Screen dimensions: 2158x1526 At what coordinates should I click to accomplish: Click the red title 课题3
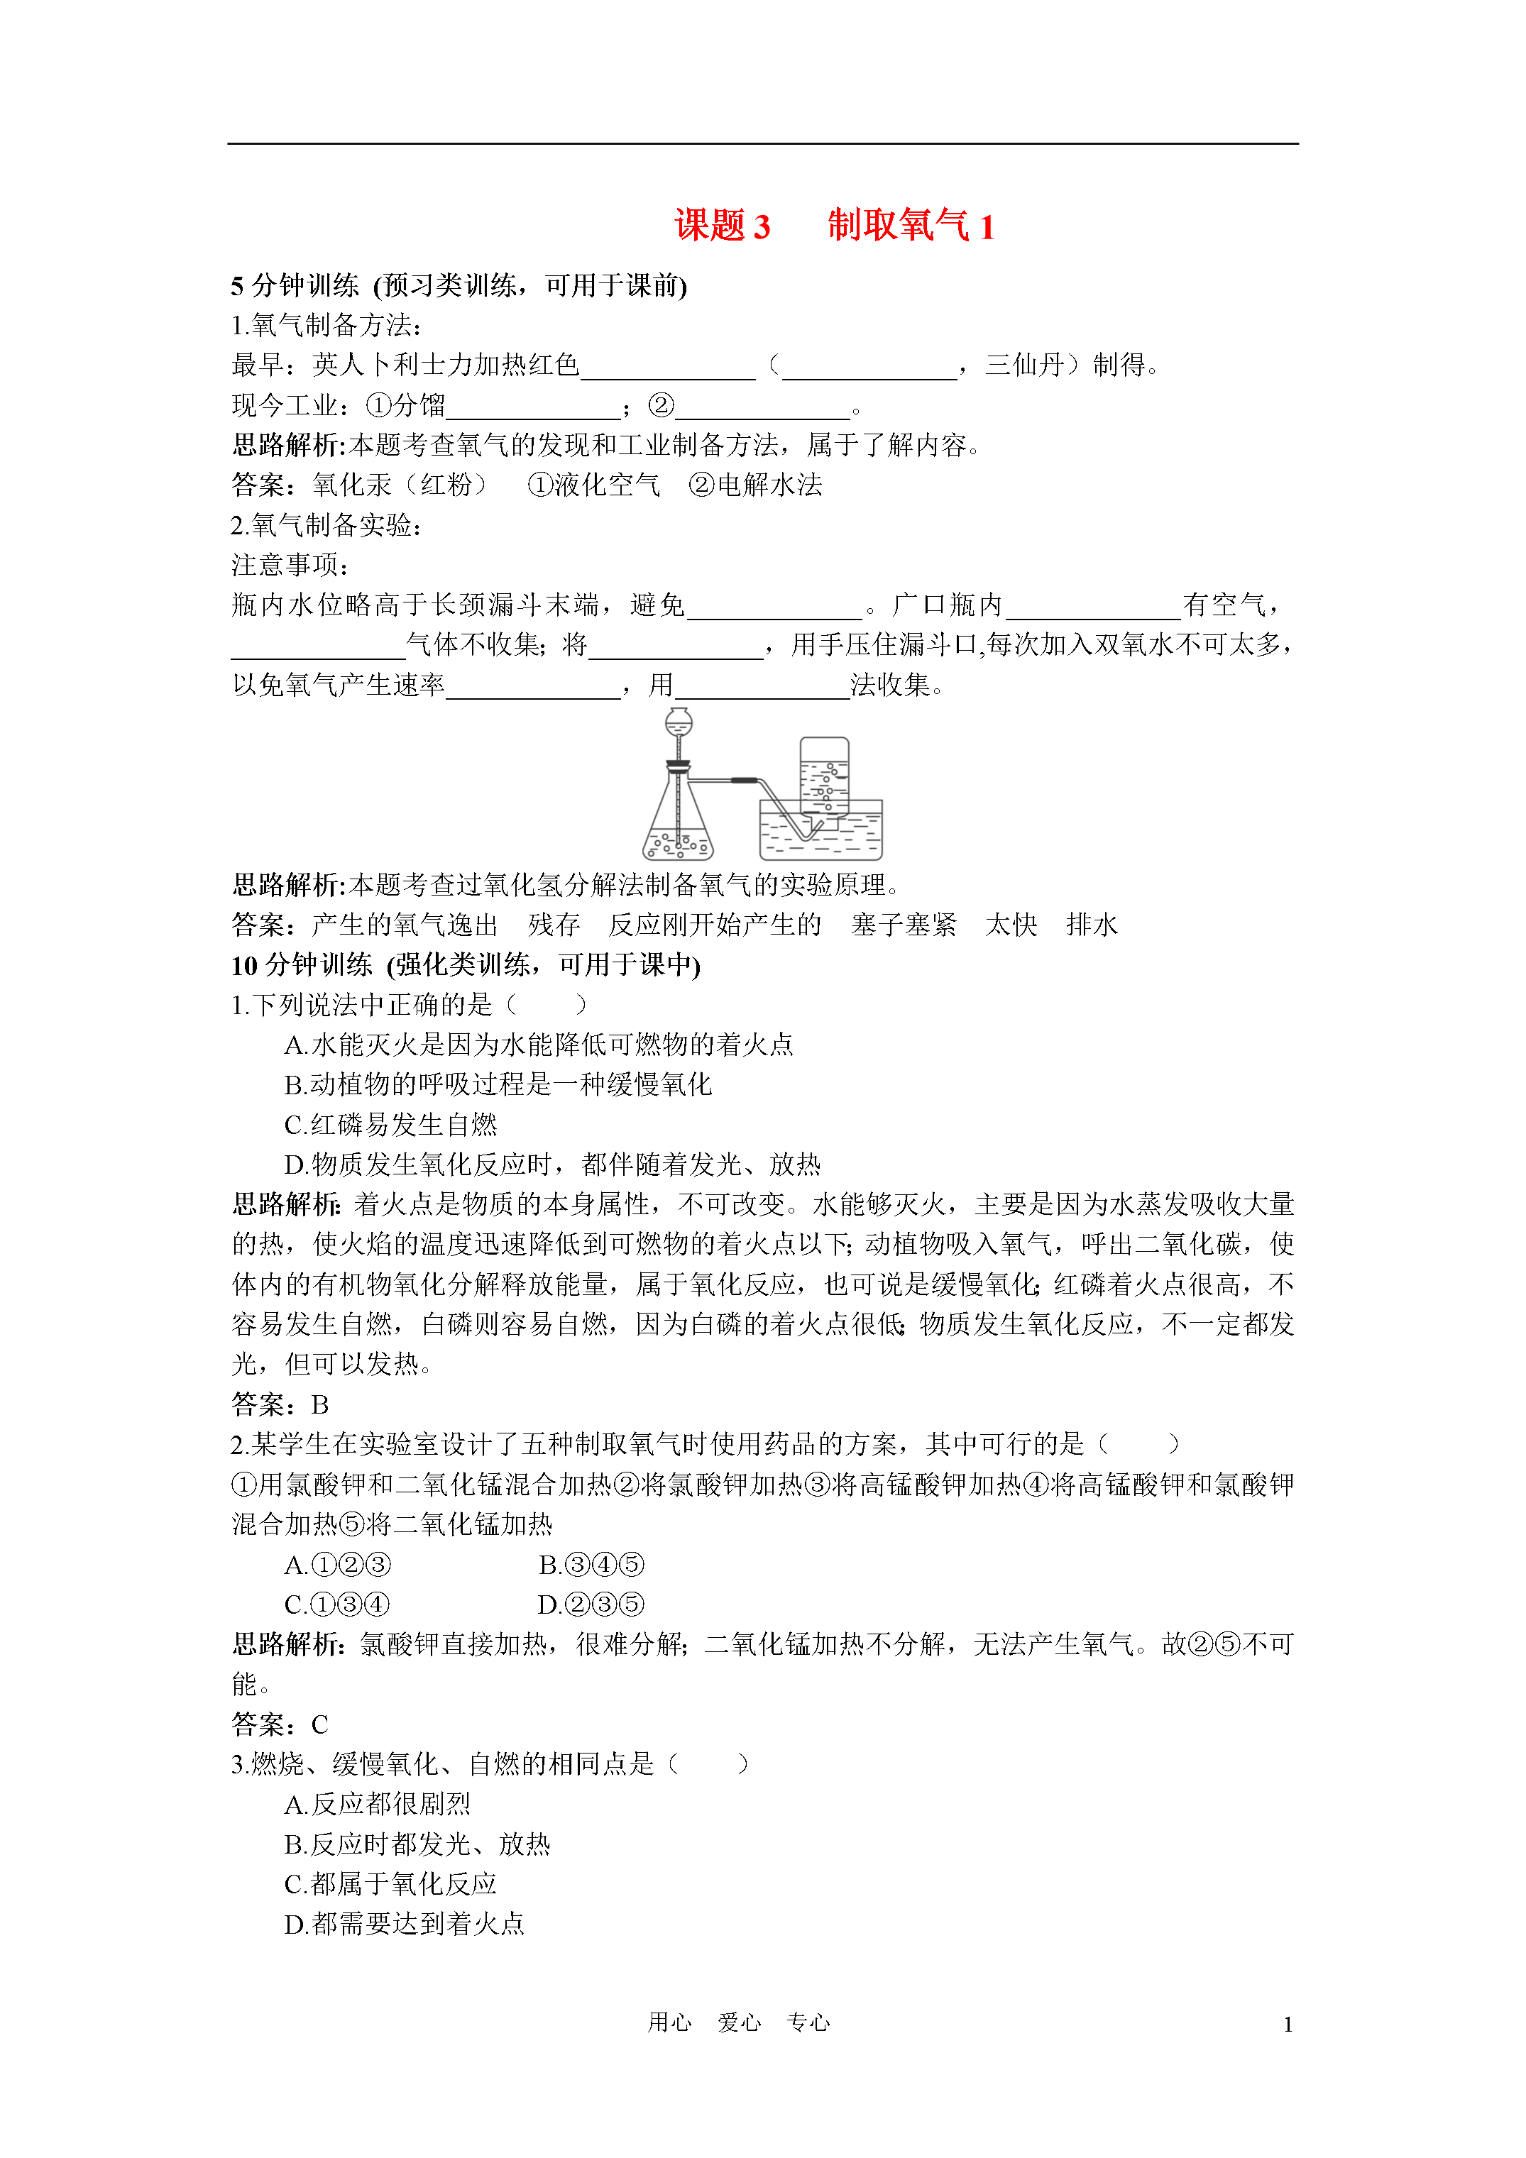click(x=721, y=226)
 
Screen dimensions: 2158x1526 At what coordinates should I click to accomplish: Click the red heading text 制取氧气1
click(x=910, y=226)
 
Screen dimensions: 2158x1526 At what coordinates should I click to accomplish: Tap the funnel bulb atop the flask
click(x=678, y=722)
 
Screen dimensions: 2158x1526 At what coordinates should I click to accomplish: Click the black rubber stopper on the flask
click(x=678, y=764)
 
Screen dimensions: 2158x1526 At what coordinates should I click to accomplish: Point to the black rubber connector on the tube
click(x=745, y=780)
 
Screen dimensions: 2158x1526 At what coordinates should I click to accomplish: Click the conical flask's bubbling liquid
click(x=678, y=844)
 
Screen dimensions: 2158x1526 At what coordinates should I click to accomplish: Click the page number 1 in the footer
click(x=1288, y=2024)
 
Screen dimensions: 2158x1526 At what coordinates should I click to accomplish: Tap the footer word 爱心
click(x=739, y=2022)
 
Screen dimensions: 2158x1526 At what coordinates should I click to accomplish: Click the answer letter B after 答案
click(x=319, y=1405)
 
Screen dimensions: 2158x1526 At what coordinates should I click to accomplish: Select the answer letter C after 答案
click(x=319, y=1724)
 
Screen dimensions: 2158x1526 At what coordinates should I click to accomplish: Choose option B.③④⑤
click(x=591, y=1565)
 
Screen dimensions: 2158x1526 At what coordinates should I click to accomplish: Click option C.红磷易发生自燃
click(x=390, y=1125)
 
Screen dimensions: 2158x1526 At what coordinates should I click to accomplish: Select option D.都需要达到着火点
click(x=405, y=1924)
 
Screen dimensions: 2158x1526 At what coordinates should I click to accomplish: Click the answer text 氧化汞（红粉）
click(x=400, y=485)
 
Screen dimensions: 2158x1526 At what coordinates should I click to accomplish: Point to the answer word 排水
click(x=1092, y=925)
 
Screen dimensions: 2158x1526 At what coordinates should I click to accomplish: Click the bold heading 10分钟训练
click(x=302, y=965)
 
